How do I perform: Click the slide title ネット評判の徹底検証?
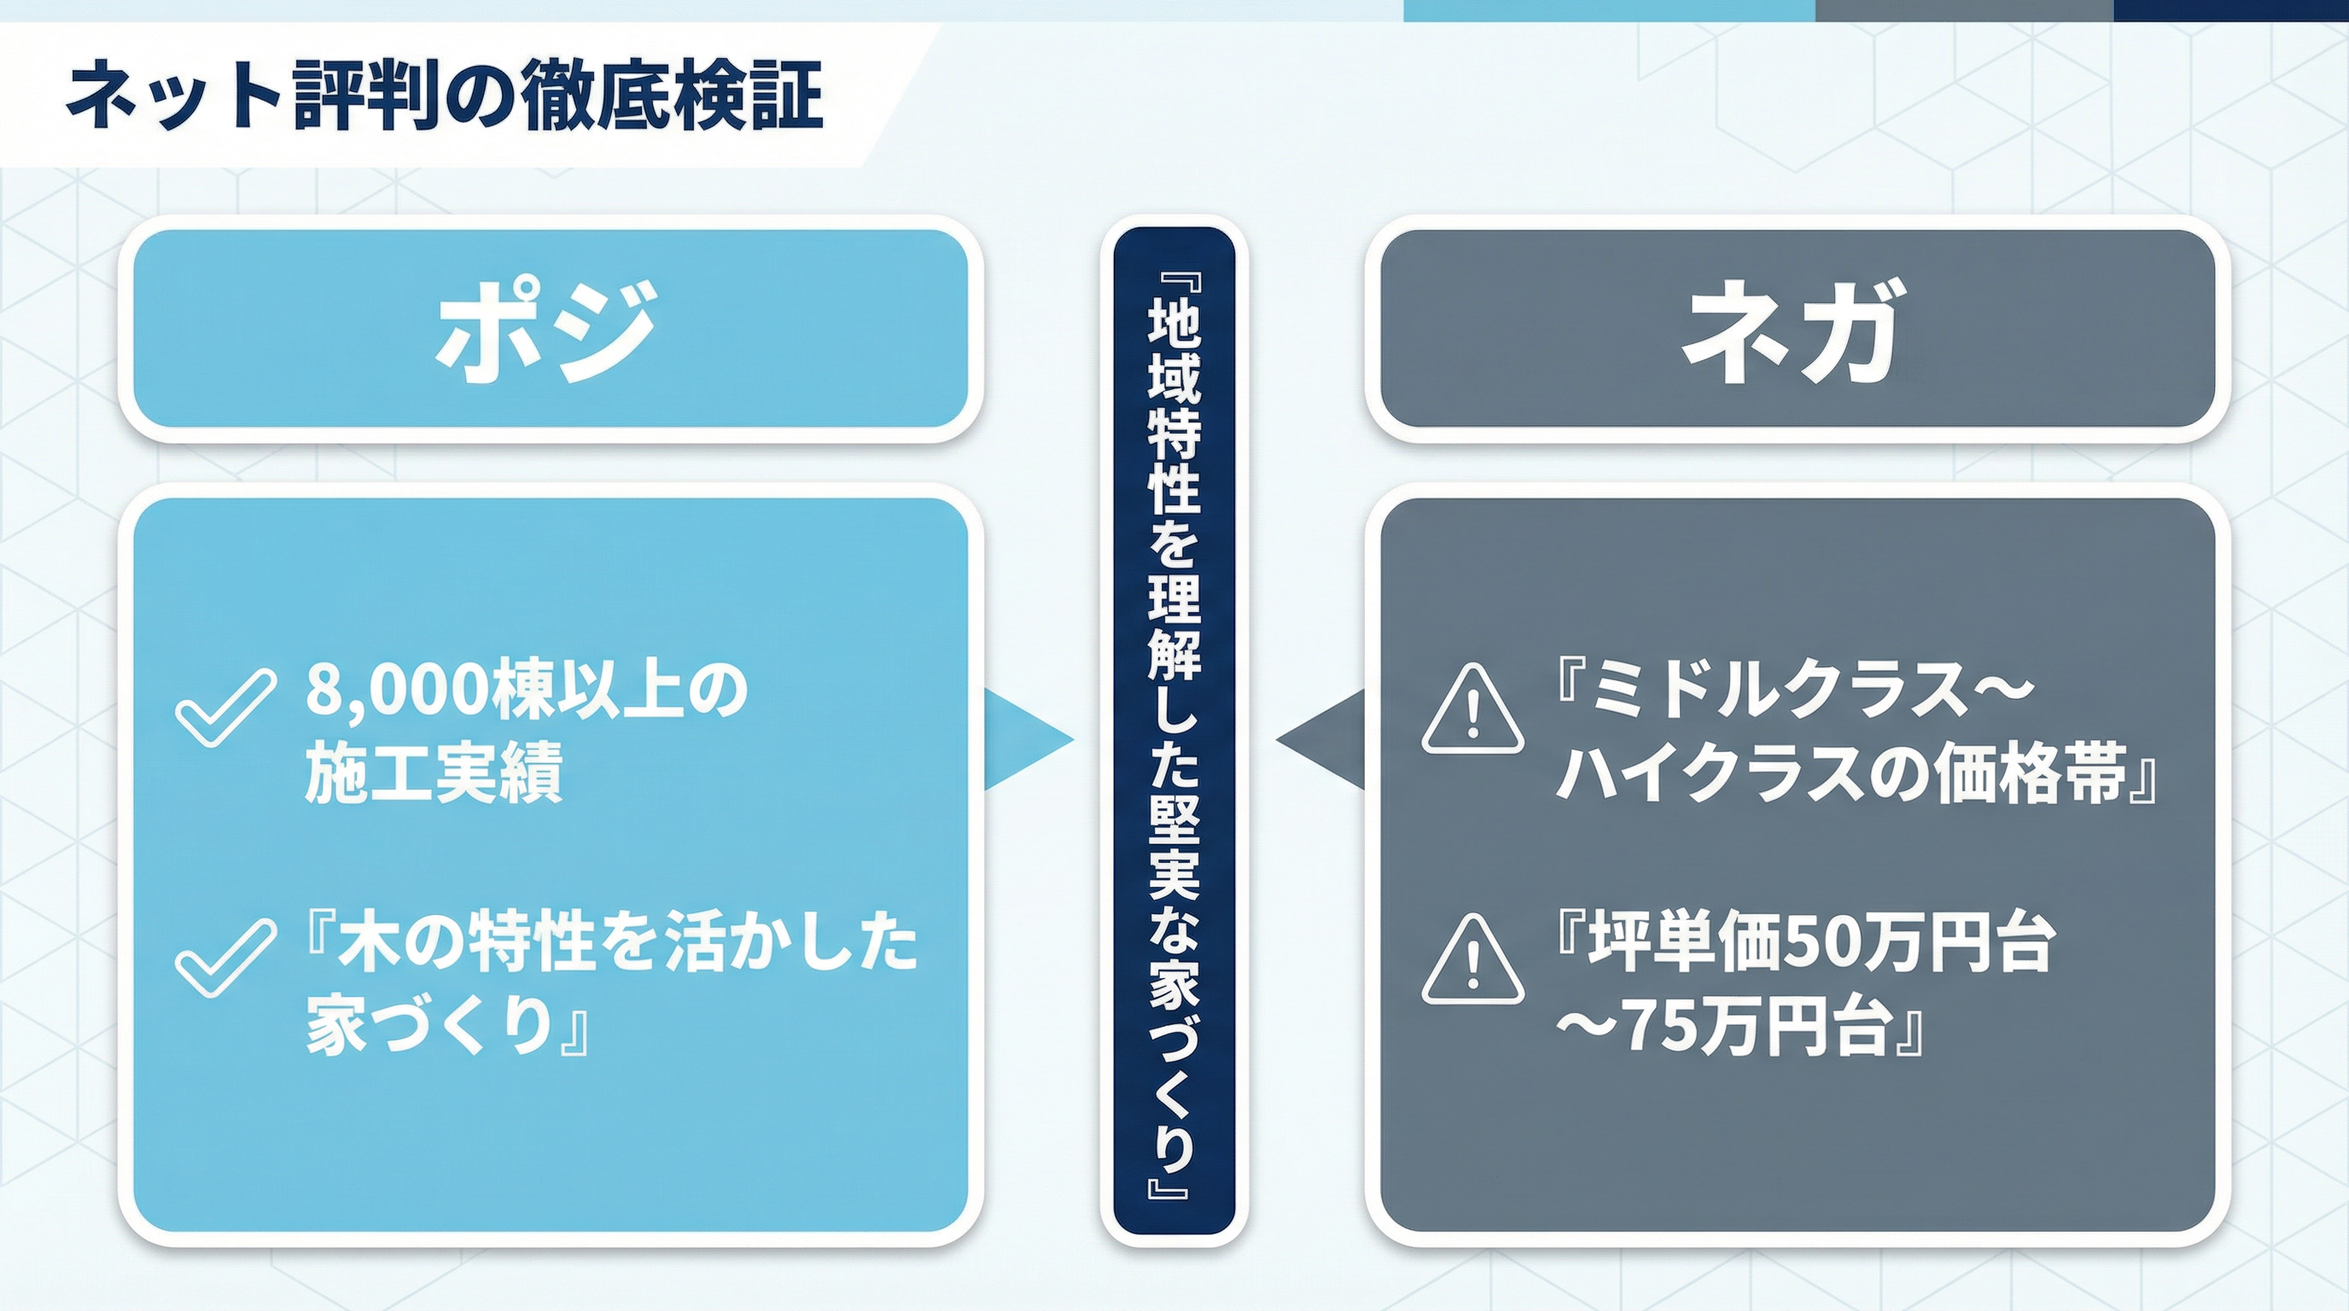[x=445, y=95]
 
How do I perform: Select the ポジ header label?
[x=547, y=330]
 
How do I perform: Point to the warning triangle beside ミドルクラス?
[x=1472, y=710]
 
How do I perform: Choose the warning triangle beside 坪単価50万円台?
[x=1472, y=960]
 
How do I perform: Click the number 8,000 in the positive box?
[x=397, y=690]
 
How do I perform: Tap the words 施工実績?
[x=433, y=772]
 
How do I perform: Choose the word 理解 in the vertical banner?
[x=1174, y=629]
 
